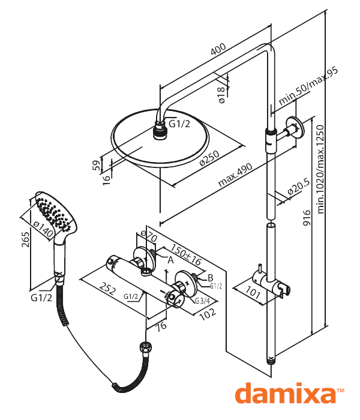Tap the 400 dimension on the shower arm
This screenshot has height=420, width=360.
click(x=218, y=49)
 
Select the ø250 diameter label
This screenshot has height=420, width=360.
click(x=209, y=158)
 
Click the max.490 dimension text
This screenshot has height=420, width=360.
click(x=235, y=174)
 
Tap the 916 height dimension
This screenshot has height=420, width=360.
click(x=307, y=218)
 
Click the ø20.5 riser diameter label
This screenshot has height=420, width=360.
click(x=299, y=187)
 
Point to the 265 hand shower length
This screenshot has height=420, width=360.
click(x=25, y=240)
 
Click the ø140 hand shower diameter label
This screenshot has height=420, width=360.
click(x=44, y=229)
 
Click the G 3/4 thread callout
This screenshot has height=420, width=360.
click(x=202, y=301)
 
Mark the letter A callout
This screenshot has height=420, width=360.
click(x=170, y=259)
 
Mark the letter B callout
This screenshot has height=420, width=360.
click(x=211, y=277)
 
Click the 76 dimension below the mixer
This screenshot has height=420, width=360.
click(x=161, y=326)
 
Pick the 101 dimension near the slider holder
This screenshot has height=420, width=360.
click(x=253, y=293)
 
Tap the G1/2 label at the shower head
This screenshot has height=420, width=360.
click(x=179, y=124)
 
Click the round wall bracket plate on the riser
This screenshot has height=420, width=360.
click(x=295, y=127)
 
